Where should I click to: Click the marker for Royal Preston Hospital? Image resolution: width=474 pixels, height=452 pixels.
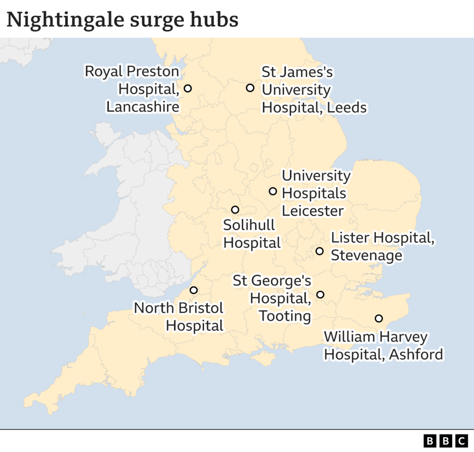[x=187, y=88]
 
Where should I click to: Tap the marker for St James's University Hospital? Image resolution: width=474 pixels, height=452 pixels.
[x=250, y=88]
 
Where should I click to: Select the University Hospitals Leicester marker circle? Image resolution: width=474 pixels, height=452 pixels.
[x=273, y=191]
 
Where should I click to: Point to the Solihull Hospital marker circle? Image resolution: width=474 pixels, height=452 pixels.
[x=235, y=210]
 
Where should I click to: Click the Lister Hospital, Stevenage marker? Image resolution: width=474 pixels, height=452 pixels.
[x=320, y=251]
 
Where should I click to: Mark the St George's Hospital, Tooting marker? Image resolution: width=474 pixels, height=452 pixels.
[x=320, y=294]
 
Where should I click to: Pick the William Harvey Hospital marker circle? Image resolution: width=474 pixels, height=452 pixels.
[x=379, y=318]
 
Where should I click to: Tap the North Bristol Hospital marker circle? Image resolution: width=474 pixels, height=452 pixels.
[x=193, y=290]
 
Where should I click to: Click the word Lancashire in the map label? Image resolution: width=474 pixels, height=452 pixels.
[x=143, y=107]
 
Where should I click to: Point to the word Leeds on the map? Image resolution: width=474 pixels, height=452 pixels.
[x=347, y=107]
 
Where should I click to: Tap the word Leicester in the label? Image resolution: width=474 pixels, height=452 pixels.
[x=313, y=211]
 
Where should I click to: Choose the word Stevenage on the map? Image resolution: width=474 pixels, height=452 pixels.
[x=366, y=255]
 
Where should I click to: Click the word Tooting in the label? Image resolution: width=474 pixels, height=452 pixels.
[x=285, y=316]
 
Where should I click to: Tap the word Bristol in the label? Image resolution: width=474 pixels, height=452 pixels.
[x=200, y=308]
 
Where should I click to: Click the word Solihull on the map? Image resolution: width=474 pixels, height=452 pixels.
[x=249, y=225]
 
